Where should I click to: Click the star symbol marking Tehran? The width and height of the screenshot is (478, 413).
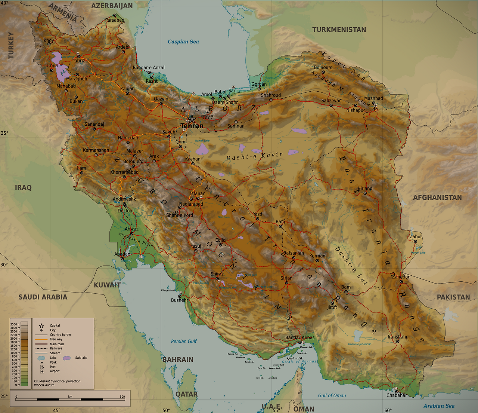pyautogui.click(x=192, y=119)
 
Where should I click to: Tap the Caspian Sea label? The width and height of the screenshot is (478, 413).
pyautogui.click(x=183, y=42)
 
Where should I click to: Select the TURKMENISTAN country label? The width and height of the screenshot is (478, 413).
pyautogui.click(x=339, y=30)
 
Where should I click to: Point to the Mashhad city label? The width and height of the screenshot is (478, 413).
pyautogui.click(x=373, y=98)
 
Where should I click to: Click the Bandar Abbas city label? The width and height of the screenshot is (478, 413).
pyautogui.click(x=300, y=337)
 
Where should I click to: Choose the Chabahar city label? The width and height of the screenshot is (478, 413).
pyautogui.click(x=397, y=395)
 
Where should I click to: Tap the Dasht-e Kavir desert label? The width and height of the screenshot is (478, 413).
pyautogui.click(x=254, y=156)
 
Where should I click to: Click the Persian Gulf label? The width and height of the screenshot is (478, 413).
pyautogui.click(x=184, y=341)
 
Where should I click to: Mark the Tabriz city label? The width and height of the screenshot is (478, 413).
pyautogui.click(x=79, y=61)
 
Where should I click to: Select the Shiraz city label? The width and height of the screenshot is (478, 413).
pyautogui.click(x=217, y=274)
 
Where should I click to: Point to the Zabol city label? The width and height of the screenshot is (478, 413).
pyautogui.click(x=415, y=236)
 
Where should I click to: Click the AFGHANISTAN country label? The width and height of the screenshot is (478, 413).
pyautogui.click(x=437, y=198)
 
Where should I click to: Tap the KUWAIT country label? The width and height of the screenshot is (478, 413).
pyautogui.click(x=107, y=285)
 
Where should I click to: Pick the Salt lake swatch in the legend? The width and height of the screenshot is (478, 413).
pyautogui.click(x=67, y=358)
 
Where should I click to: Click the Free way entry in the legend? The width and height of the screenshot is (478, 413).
pyautogui.click(x=56, y=339)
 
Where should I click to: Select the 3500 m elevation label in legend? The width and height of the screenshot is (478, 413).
pyautogui.click(x=15, y=324)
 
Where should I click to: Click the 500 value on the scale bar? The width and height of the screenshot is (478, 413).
pyautogui.click(x=122, y=397)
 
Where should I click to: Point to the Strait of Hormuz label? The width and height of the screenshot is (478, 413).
pyautogui.click(x=299, y=362)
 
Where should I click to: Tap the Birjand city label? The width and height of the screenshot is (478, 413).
pyautogui.click(x=365, y=189)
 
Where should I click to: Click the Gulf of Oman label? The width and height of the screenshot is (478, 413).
pyautogui.click(x=332, y=395)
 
